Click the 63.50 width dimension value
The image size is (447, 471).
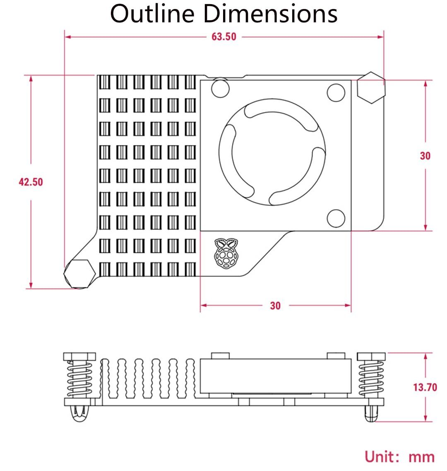[x=224, y=37]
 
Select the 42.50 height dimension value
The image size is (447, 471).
[x=31, y=182]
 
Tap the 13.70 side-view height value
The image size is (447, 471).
[x=425, y=387]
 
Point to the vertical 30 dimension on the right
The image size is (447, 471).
[x=425, y=156]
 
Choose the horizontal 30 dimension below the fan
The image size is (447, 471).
[x=275, y=306]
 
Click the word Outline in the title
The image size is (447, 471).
[x=152, y=14]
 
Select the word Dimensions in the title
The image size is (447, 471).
[x=271, y=14]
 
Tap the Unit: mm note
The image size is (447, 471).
[x=399, y=457]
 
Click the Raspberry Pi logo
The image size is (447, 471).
[x=226, y=253]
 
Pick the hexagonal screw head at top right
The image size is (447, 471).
[x=371, y=88]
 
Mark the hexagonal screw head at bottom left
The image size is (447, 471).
[x=79, y=274]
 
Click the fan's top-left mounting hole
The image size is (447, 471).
[x=220, y=88]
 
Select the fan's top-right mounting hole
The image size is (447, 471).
[x=336, y=93]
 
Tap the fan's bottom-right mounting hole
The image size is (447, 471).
[x=336, y=218]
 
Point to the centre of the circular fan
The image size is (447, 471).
[x=272, y=152]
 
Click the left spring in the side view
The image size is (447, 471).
[x=79, y=379]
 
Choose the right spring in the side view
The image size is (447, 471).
[x=371, y=379]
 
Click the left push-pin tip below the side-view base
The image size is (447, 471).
[x=79, y=414]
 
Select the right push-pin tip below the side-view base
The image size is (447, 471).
[x=371, y=414]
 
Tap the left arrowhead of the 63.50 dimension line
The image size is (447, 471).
[x=68, y=37]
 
